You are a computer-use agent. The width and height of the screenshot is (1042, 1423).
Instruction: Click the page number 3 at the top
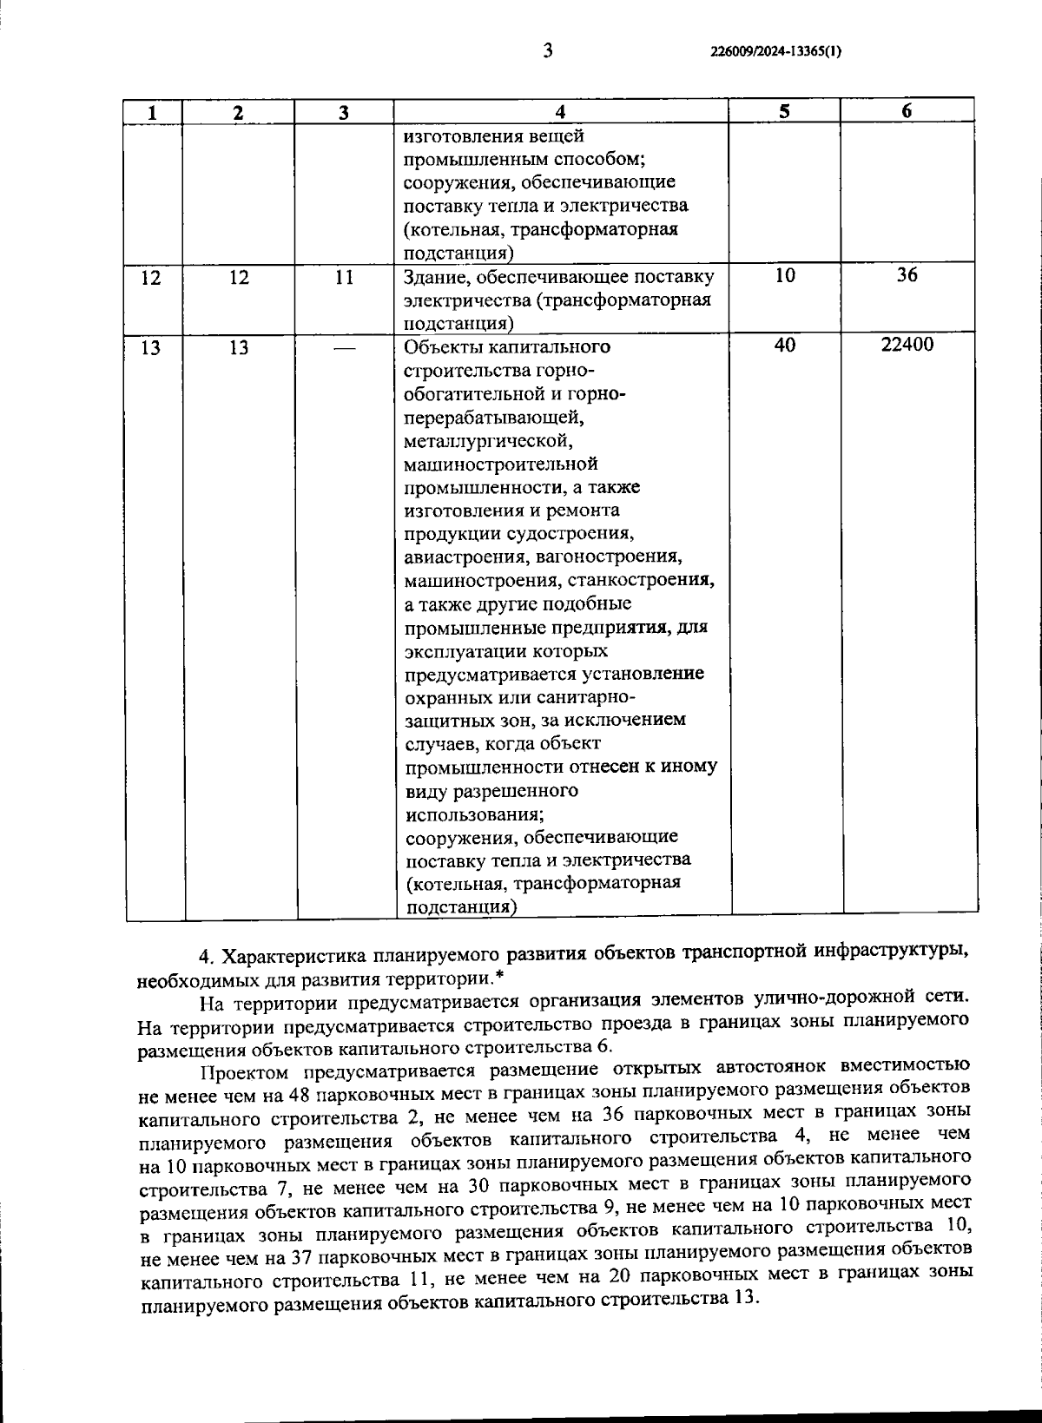coord(548,49)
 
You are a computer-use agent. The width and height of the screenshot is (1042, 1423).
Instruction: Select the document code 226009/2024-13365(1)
coord(775,51)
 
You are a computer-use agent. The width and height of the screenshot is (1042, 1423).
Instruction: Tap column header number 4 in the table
coord(560,112)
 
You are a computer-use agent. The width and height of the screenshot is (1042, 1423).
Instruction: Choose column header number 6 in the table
coord(907,111)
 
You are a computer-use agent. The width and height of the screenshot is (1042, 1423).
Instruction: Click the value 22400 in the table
coord(907,346)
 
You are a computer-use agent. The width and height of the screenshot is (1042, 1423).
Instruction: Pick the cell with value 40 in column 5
coord(784,346)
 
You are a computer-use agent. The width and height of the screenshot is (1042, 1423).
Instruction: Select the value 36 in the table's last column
coord(907,276)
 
